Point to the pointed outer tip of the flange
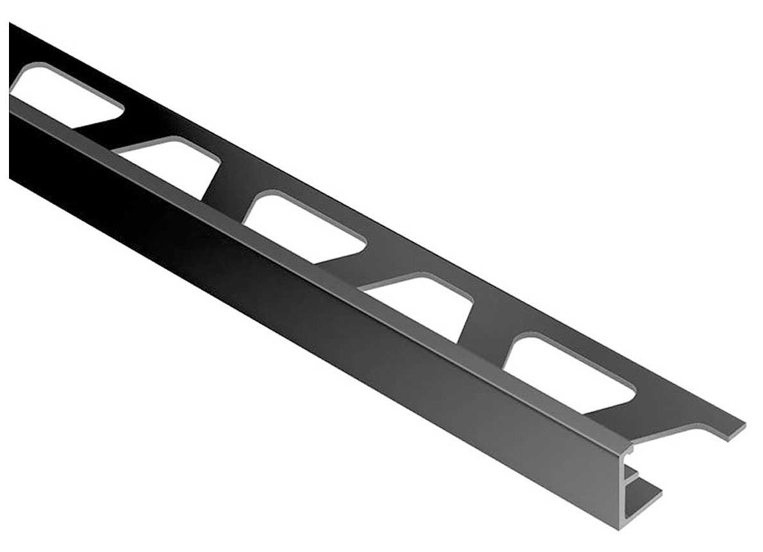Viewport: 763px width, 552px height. (x=742, y=426)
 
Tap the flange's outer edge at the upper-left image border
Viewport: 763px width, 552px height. (x=11, y=26)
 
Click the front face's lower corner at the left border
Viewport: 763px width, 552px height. (x=11, y=177)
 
